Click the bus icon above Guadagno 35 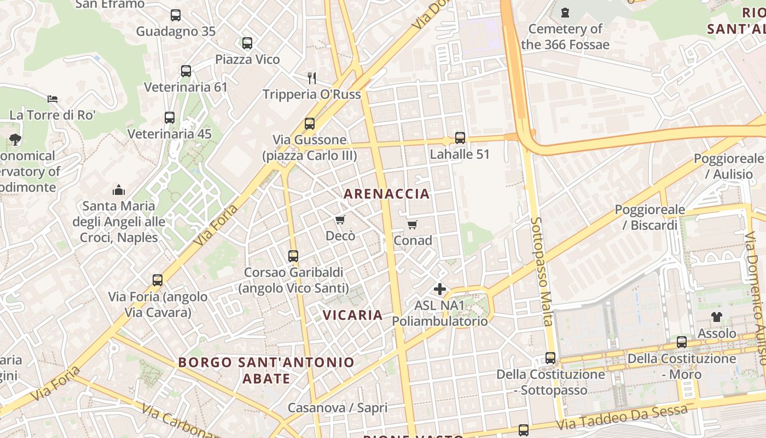[x=176, y=15]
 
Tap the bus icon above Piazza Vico [x=247, y=43]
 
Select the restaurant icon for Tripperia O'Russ [x=312, y=78]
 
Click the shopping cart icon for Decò [x=340, y=220]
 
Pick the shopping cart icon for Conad [x=413, y=224]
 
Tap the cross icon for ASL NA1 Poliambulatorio [x=440, y=289]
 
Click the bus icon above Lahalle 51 [x=460, y=138]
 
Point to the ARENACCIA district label [x=387, y=193]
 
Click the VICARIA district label [x=353, y=315]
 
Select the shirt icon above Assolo [x=717, y=317]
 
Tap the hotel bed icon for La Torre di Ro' [x=53, y=99]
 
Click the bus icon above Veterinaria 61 [x=186, y=71]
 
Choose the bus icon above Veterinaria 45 [x=170, y=118]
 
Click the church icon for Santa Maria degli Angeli [x=119, y=191]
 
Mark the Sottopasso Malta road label [x=541, y=271]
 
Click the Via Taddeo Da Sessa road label [x=622, y=418]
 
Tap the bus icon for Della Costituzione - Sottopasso [x=550, y=358]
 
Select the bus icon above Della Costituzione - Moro [x=682, y=342]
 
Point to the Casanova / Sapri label [x=338, y=408]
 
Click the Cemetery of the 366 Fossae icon [x=565, y=12]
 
